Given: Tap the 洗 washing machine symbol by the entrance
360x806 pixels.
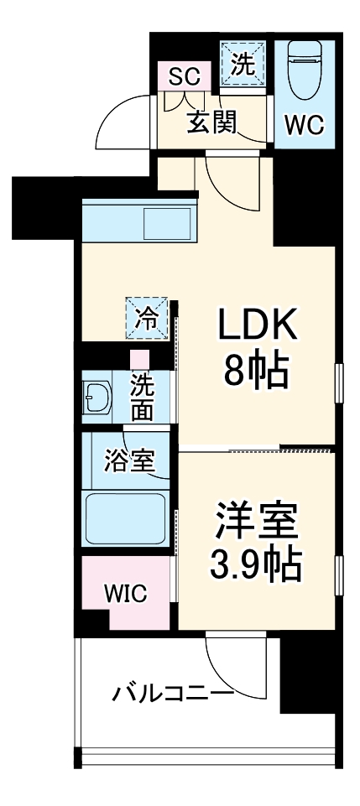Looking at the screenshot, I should click(x=243, y=65).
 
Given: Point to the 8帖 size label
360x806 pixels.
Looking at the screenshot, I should click(x=256, y=370).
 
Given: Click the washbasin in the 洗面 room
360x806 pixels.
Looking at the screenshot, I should click(x=100, y=399).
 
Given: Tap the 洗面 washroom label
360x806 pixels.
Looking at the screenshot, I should click(x=143, y=398).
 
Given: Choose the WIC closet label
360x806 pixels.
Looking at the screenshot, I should click(x=125, y=593).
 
